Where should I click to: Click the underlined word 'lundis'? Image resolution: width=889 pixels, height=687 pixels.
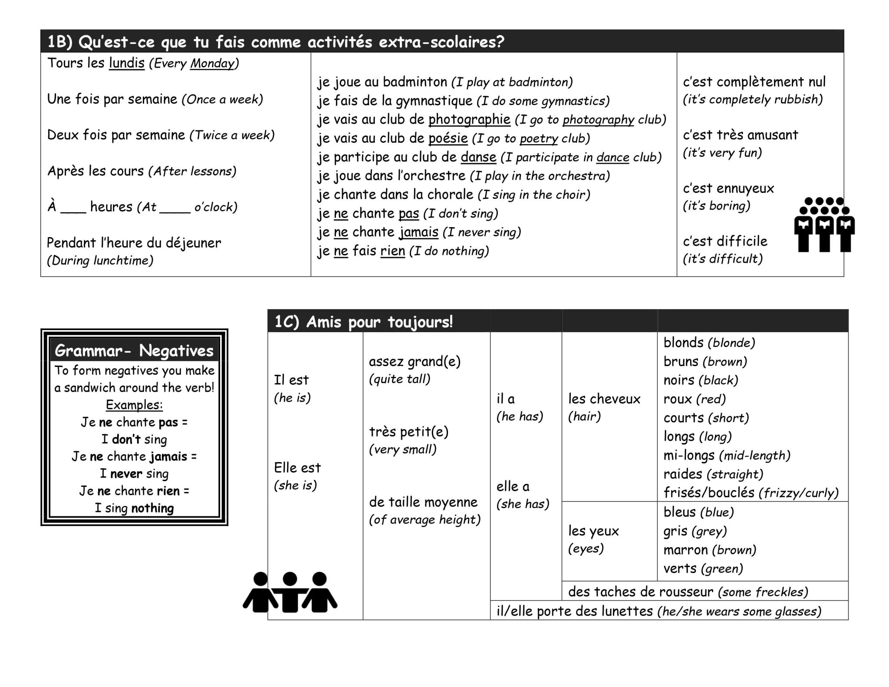coord(126,63)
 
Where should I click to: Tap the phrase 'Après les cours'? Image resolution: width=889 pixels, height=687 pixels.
coord(95,171)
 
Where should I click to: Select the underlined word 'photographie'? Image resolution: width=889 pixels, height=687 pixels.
coord(469,119)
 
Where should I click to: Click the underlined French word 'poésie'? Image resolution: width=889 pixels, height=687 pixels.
coord(448,139)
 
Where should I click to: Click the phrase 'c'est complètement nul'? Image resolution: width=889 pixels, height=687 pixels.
coord(754,82)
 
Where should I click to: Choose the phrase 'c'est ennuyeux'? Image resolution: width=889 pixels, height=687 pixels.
coord(728,188)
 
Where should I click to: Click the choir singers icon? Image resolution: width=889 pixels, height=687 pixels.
coord(823,225)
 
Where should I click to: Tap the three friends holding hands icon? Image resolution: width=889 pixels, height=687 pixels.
coord(290,592)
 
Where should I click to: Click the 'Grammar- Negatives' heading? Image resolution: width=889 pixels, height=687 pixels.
coord(134,350)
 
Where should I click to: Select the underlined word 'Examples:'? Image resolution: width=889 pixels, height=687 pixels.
coord(134,405)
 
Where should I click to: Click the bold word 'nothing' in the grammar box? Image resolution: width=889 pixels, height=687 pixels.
coord(152,508)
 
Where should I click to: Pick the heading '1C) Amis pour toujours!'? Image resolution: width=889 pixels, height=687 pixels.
coord(364,322)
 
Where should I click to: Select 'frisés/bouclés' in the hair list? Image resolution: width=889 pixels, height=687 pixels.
coord(708,492)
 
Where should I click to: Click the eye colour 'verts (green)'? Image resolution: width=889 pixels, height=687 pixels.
coord(703,568)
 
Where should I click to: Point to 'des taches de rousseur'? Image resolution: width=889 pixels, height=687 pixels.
coord(640,592)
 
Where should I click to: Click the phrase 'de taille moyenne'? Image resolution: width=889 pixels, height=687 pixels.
coord(423,502)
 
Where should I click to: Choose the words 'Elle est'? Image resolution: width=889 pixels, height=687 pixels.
coord(297,468)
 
